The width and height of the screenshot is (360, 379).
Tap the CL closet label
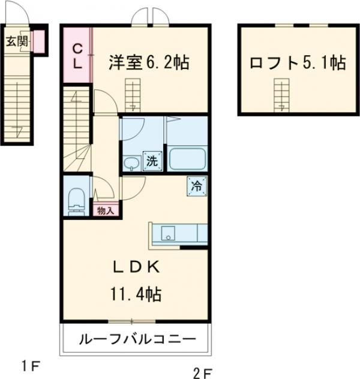pos(77,54)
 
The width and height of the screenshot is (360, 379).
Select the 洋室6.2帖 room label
pos(149,62)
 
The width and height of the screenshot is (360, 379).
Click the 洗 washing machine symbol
pos(153,160)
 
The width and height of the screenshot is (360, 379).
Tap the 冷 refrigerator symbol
pos(196,186)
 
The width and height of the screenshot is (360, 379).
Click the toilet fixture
pos(76,199)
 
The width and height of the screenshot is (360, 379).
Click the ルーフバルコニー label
pos(137,339)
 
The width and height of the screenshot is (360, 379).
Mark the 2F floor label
pos(202,373)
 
